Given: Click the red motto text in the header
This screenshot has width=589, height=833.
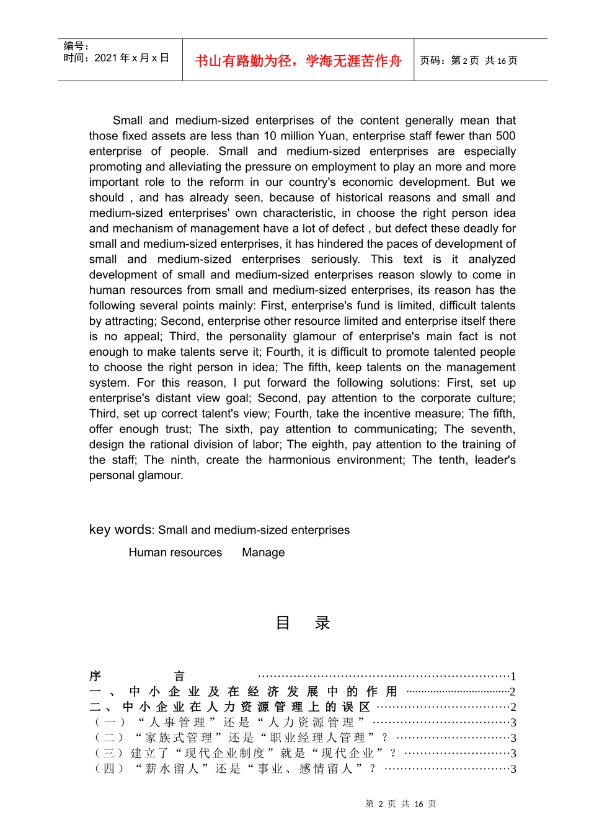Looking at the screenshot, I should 298,61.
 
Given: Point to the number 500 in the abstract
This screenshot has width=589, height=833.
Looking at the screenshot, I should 505,136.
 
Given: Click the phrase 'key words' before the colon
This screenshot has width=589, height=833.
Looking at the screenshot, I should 120,529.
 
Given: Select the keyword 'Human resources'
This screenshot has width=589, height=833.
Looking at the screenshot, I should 175,552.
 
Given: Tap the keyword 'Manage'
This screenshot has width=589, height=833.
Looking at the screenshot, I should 263,552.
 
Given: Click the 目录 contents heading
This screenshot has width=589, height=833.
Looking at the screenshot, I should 303,623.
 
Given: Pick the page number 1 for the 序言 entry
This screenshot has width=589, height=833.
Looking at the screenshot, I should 513,676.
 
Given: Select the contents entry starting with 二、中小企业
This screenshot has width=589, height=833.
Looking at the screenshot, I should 230,707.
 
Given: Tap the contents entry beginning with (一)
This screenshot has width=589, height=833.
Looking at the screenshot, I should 229,722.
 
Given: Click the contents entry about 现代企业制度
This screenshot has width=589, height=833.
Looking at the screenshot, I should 244,753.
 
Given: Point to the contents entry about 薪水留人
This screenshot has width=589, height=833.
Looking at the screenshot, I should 235,769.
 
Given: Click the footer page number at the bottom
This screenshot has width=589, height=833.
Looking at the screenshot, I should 401,804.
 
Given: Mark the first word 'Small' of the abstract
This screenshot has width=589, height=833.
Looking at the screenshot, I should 128,120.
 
